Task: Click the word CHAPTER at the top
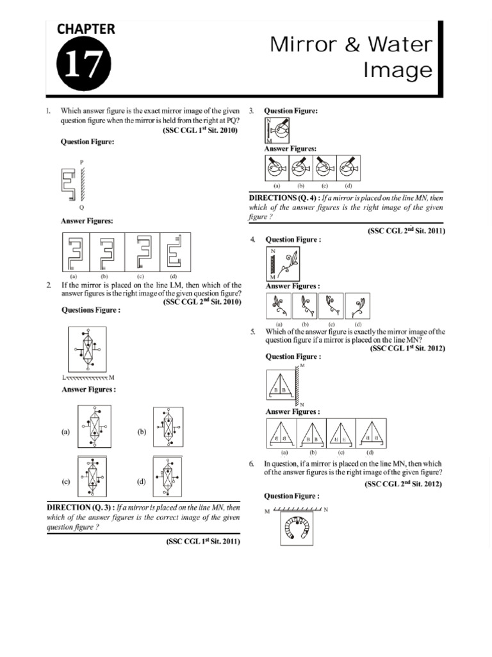coord(86,29)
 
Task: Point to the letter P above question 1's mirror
coord(81,161)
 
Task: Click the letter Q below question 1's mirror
coord(81,208)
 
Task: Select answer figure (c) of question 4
coord(332,306)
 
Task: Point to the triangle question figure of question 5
coord(279,385)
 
